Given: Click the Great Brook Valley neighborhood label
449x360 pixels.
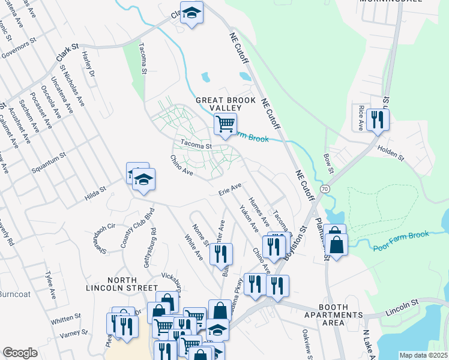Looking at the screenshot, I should (225, 104).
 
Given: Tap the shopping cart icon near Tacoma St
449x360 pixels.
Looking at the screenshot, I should (224, 125).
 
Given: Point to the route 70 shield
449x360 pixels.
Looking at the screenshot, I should (325, 188).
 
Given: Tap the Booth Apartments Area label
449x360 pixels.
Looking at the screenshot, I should (333, 319).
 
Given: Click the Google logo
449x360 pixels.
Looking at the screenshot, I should (20, 353).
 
